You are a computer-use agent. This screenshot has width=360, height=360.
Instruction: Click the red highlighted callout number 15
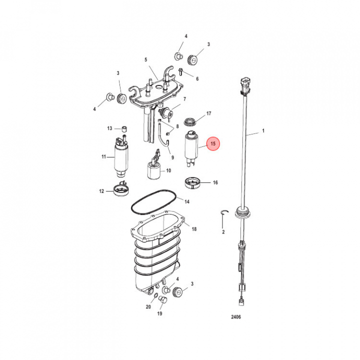click(x=213, y=143)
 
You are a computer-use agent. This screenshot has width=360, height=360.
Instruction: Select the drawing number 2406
click(x=236, y=317)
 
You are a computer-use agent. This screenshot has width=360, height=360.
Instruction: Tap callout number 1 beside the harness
click(x=263, y=130)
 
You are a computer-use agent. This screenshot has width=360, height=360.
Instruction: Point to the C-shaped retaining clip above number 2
click(x=224, y=212)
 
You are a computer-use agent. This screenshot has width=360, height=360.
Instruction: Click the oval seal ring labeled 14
click(x=153, y=202)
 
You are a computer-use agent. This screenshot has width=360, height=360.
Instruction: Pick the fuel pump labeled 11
click(x=121, y=157)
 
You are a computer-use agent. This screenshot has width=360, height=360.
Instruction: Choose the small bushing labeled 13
click(x=124, y=129)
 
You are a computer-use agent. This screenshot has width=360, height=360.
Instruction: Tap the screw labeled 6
click(x=180, y=71)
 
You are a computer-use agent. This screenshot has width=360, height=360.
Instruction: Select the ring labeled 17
click(x=190, y=121)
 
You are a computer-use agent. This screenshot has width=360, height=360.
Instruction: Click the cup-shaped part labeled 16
click(x=192, y=183)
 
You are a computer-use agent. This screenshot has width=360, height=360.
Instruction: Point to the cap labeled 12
click(x=121, y=189)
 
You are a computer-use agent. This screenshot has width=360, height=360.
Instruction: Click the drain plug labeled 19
click(x=163, y=300)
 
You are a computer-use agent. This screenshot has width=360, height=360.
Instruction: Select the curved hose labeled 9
click(x=163, y=135)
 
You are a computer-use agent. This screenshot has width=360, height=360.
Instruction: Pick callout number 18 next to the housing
click(x=194, y=229)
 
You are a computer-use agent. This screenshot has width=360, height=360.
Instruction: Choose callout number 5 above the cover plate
click(x=146, y=59)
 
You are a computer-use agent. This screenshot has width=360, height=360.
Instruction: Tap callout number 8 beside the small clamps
click(x=177, y=126)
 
